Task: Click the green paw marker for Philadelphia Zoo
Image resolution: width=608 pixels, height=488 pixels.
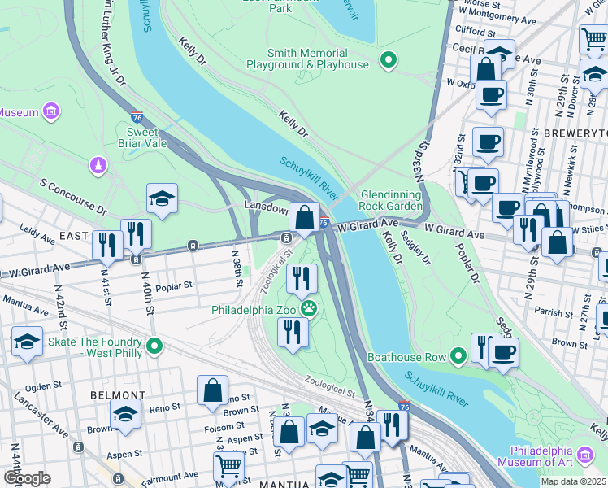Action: coord(309,308)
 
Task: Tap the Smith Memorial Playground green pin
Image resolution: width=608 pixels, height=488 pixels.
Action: coord(389,59)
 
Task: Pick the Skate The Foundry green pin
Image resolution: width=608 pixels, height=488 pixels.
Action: coord(151,347)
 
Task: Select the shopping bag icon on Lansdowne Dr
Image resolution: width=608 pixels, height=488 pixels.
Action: coord(304,217)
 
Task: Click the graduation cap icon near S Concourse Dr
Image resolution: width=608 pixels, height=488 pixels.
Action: coord(162,198)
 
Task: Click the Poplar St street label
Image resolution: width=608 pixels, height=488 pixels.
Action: coord(175,286)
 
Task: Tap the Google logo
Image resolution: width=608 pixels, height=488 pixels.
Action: coord(27,477)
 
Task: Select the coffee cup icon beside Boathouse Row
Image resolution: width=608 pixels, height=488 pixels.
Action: coord(503,353)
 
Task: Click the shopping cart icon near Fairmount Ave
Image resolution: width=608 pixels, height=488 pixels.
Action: coord(228,466)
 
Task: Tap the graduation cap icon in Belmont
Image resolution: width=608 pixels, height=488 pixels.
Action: coord(125,415)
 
